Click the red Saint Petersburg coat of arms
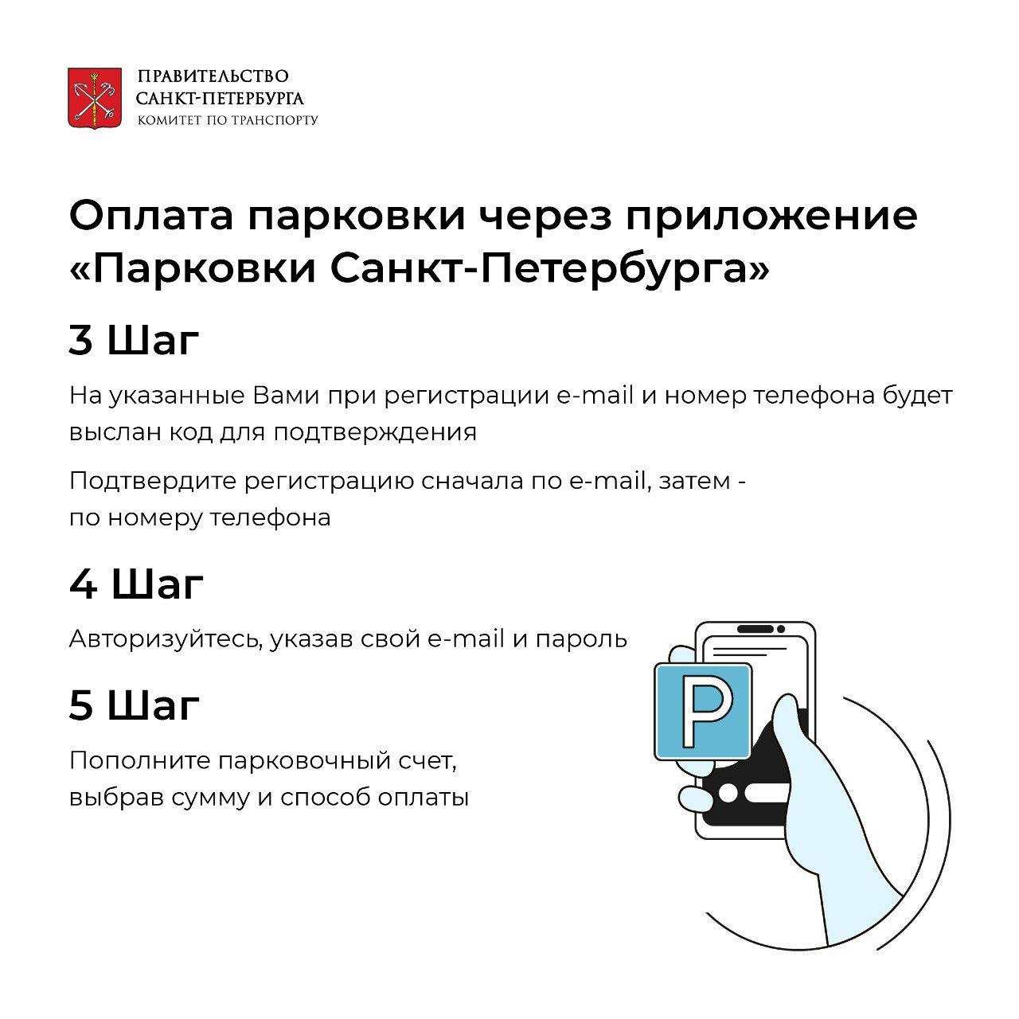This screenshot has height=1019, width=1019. [95, 99]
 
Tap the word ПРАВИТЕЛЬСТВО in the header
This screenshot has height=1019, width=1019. [213, 76]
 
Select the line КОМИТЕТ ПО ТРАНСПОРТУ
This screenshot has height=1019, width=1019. [228, 120]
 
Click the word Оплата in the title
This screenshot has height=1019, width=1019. [151, 216]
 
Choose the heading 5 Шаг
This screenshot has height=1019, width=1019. [135, 705]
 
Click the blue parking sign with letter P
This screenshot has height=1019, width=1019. [703, 711]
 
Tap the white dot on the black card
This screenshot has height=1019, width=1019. [728, 794]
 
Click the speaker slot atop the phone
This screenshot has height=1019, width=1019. [755, 629]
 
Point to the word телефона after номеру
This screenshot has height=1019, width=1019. [271, 517]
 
